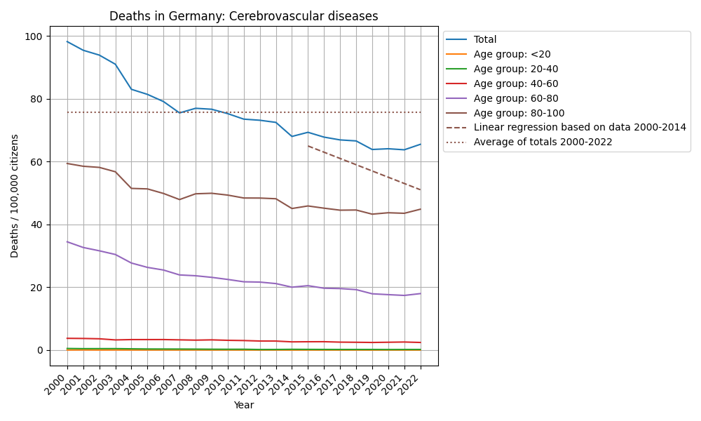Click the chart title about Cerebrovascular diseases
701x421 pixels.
click(243, 16)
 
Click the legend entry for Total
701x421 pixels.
click(485, 40)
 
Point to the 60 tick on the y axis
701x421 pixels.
click(39, 162)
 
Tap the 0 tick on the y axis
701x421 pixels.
click(41, 350)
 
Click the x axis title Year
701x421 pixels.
click(243, 406)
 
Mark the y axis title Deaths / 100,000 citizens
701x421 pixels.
click(15, 196)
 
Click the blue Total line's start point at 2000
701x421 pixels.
click(67, 41)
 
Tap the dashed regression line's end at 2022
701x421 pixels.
click(421, 190)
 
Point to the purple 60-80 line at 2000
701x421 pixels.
click(67, 241)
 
